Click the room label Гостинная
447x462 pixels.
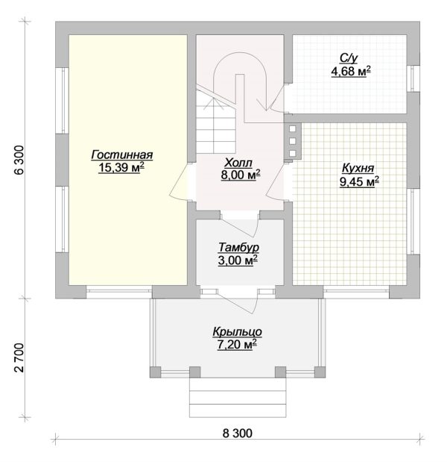122,154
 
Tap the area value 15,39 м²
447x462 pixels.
121,167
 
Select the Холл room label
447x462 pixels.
238,163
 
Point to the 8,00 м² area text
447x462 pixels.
241,175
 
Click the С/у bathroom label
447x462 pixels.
349,59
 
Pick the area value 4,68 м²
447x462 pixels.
351,72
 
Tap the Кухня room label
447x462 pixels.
358,169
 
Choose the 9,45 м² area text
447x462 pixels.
359,182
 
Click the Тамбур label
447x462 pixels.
238,248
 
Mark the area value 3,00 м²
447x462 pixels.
238,260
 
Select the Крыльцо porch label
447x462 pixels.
238,332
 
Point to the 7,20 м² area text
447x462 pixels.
237,344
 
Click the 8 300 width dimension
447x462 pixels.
238,434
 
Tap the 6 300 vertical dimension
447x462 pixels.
19,160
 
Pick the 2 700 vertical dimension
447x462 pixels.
19,358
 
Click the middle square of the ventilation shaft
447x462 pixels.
292,141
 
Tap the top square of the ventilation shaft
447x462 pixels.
292,129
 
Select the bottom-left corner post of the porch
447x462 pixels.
156,372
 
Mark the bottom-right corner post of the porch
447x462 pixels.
320,372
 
